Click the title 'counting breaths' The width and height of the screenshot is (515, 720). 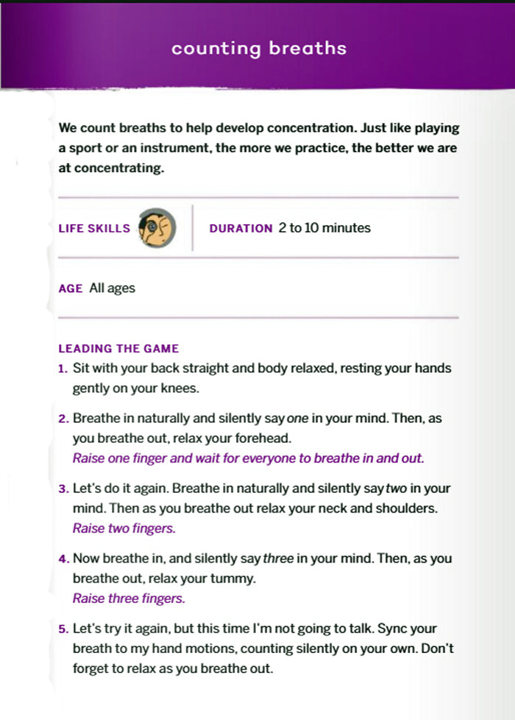(258, 49)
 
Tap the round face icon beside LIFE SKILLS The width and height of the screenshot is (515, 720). (158, 227)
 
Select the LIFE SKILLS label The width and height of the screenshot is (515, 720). (94, 228)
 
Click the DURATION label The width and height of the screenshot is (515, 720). (241, 228)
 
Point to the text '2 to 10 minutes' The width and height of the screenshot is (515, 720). (324, 227)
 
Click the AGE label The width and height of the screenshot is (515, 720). (70, 288)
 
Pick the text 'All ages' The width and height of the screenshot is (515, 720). (112, 288)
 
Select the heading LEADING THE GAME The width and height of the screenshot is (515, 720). (118, 349)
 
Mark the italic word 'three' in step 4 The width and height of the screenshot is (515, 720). (278, 559)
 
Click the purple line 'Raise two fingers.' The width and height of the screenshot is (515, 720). (124, 528)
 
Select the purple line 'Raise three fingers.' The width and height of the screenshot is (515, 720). (128, 599)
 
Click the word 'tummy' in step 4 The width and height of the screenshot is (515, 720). (232, 579)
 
